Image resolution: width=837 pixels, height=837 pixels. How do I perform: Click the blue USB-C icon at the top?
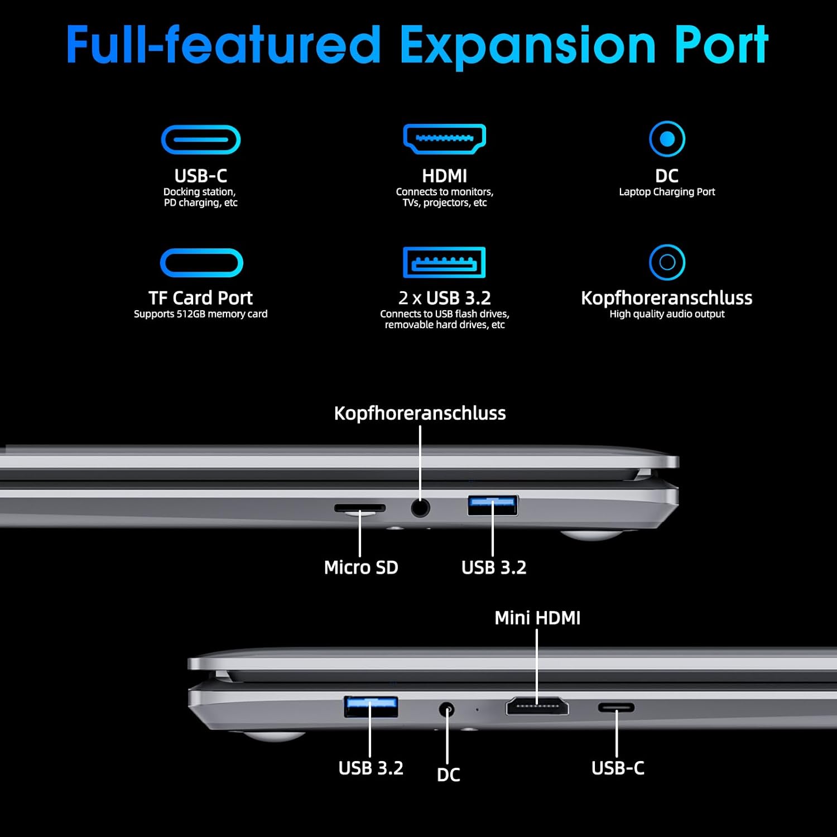(x=201, y=139)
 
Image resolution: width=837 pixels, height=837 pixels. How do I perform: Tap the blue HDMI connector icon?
(x=444, y=139)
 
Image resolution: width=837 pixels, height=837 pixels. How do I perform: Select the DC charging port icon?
(x=667, y=138)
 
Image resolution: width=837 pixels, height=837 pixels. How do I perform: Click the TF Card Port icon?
(x=201, y=263)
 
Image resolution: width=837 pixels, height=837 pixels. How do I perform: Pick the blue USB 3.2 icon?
(x=444, y=262)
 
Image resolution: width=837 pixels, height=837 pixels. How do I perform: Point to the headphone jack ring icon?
(x=667, y=262)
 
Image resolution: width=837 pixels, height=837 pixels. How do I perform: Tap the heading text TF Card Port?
(x=200, y=297)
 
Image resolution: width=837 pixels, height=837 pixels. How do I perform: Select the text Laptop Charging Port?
(x=667, y=192)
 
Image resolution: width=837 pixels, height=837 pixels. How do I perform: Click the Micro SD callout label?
(x=361, y=567)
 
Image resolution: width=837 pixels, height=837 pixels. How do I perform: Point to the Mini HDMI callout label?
(x=537, y=618)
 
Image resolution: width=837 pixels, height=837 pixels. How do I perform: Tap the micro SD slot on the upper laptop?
(x=360, y=508)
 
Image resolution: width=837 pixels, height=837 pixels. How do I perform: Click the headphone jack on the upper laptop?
(x=420, y=508)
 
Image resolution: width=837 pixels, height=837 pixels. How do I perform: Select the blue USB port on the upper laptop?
(x=493, y=505)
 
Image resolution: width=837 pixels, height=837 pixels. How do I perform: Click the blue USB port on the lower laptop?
(x=371, y=706)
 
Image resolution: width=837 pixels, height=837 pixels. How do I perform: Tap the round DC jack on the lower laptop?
(x=446, y=710)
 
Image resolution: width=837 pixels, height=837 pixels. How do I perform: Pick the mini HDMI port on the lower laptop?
(x=537, y=706)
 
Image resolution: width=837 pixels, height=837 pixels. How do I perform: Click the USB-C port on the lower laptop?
(x=617, y=708)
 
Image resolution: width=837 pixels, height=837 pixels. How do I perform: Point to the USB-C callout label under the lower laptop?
(x=618, y=768)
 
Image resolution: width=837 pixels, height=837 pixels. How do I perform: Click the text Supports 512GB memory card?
(x=200, y=314)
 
